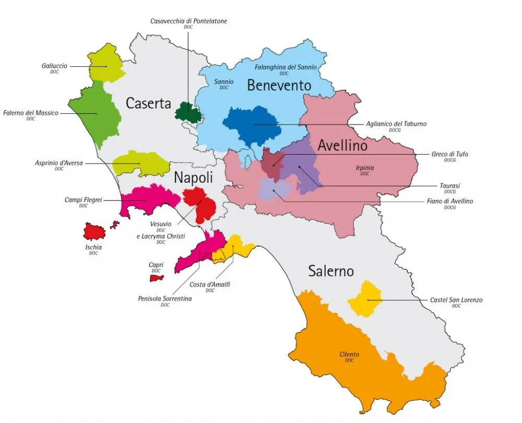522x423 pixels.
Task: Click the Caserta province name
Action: click(x=148, y=103)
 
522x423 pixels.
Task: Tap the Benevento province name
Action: click(x=279, y=85)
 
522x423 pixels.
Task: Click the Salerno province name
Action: click(x=330, y=271)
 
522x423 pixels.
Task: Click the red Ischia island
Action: click(x=94, y=231)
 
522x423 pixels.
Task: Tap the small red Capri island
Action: click(x=157, y=278)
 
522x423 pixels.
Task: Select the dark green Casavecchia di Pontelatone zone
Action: click(x=188, y=112)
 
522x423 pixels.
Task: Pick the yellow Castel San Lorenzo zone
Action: click(x=365, y=299)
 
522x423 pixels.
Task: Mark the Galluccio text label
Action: click(x=55, y=66)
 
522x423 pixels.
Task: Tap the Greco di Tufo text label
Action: click(x=449, y=154)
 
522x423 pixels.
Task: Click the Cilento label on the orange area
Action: click(x=349, y=355)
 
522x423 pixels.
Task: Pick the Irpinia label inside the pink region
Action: click(x=364, y=168)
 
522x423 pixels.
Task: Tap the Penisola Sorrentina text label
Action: click(x=165, y=299)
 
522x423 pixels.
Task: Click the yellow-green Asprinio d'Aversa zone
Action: click(x=140, y=163)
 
